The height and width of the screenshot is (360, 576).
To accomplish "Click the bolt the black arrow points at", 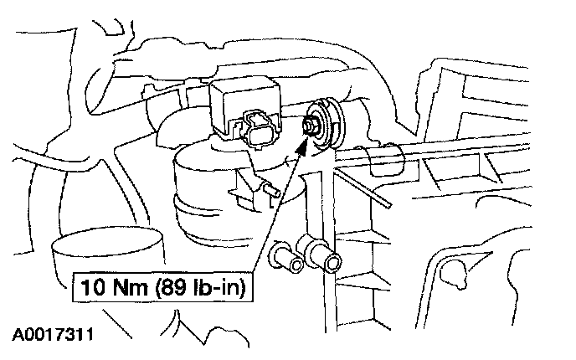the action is [x=310, y=124].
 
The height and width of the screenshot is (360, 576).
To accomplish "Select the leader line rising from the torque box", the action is [x=276, y=209].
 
